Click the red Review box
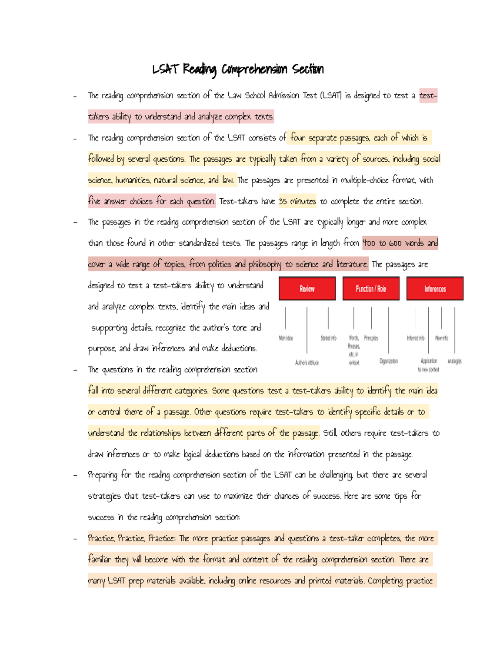pos(307,288)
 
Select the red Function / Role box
pos(371,288)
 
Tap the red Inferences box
pos(435,288)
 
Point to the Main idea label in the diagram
pos(286,338)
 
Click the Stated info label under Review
pos(328,338)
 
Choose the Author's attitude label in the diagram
pos(307,363)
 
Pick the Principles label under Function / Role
pos(371,338)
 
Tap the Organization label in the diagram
pos(388,361)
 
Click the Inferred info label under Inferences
pos(415,338)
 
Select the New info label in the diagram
pos(442,338)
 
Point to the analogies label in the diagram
pos(455,361)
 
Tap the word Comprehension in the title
pos(254,69)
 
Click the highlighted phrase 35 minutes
pos(297,201)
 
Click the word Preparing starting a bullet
pos(102,475)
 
